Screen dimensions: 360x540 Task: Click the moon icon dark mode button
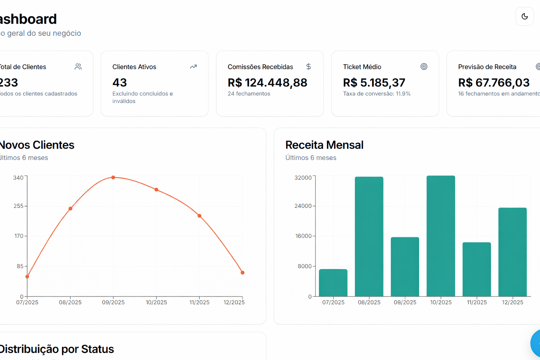525,17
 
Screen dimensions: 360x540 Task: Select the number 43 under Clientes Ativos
120,83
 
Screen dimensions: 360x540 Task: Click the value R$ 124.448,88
267,83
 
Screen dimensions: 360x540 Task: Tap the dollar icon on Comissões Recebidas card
308,66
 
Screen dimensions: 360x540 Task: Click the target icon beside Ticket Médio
424,66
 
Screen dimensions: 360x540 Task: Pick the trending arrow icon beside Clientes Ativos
193,66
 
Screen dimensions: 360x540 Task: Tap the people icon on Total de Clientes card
78,66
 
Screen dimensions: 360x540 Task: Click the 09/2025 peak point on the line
113,178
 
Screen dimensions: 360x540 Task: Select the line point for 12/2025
243,272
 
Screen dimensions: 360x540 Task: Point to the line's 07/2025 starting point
27,277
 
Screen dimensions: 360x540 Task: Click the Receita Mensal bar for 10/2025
441,236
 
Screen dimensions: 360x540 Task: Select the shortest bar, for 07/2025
333,283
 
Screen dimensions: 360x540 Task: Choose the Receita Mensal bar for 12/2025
512,252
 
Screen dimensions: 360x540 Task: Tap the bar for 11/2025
476,269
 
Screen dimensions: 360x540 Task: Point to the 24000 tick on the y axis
303,206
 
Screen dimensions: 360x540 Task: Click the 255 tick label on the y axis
18,206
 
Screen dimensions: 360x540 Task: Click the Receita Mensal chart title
324,145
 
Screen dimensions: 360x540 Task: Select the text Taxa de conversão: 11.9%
377,94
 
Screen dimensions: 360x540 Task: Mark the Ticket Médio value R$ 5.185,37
374,83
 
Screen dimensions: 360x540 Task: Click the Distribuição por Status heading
56,349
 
